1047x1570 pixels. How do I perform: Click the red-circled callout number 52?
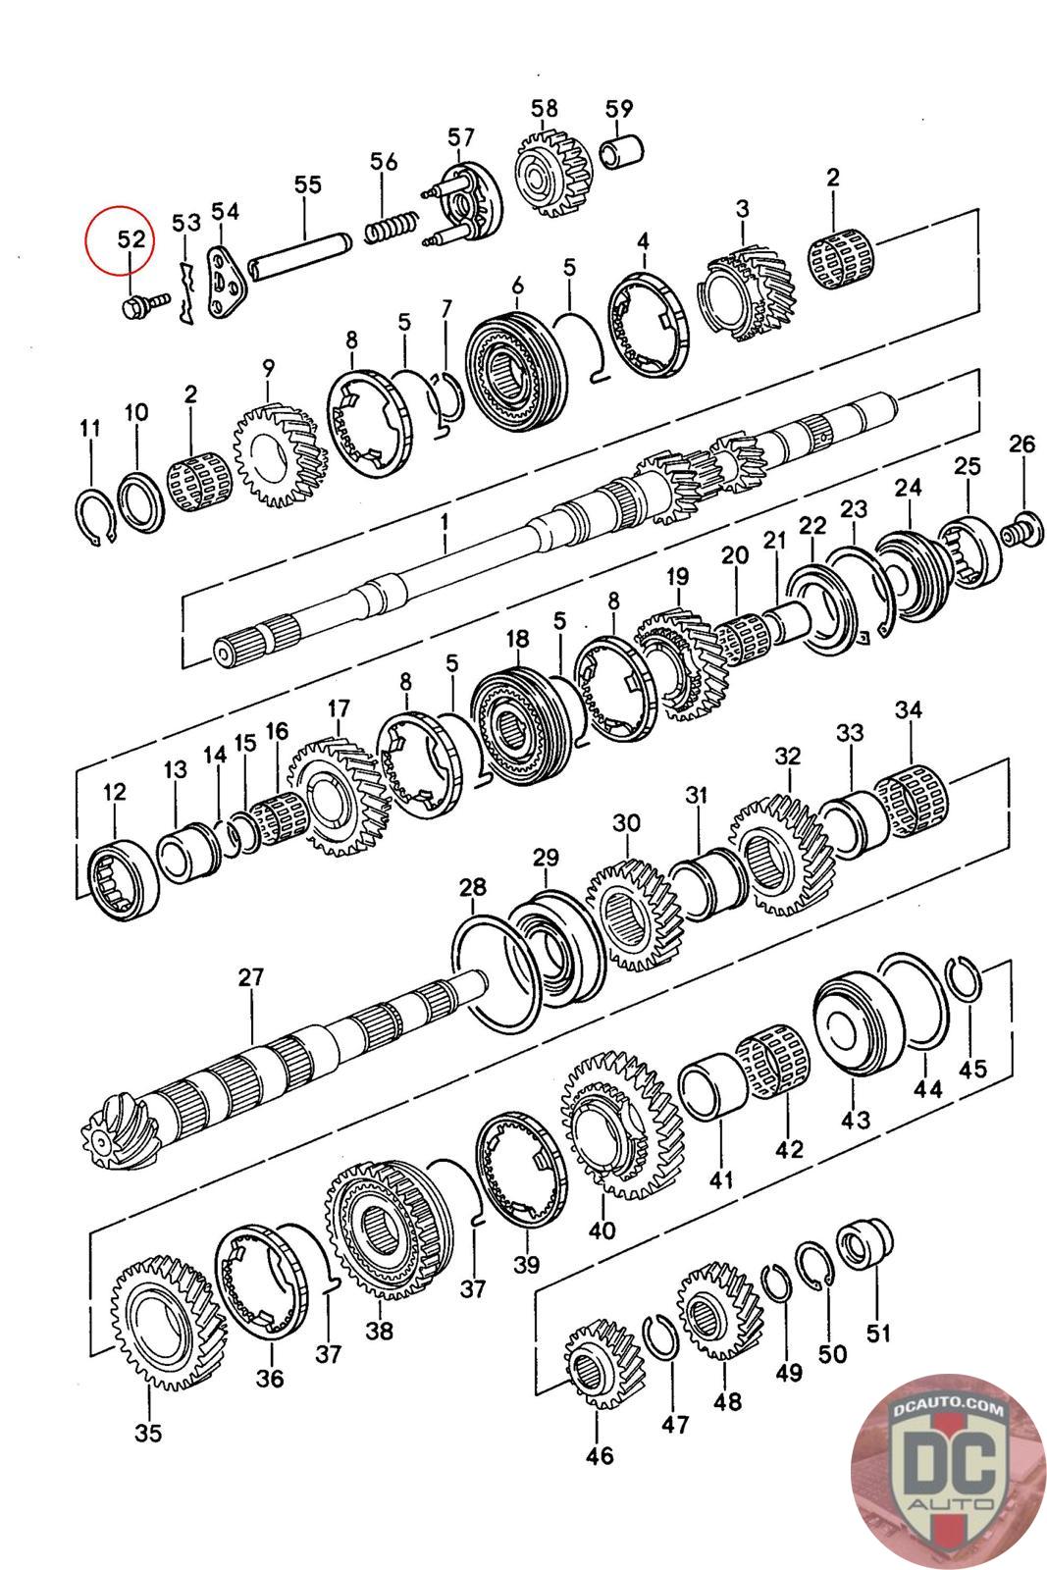131,239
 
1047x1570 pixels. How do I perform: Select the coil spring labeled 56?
393,228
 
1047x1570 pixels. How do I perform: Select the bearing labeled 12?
124,874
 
